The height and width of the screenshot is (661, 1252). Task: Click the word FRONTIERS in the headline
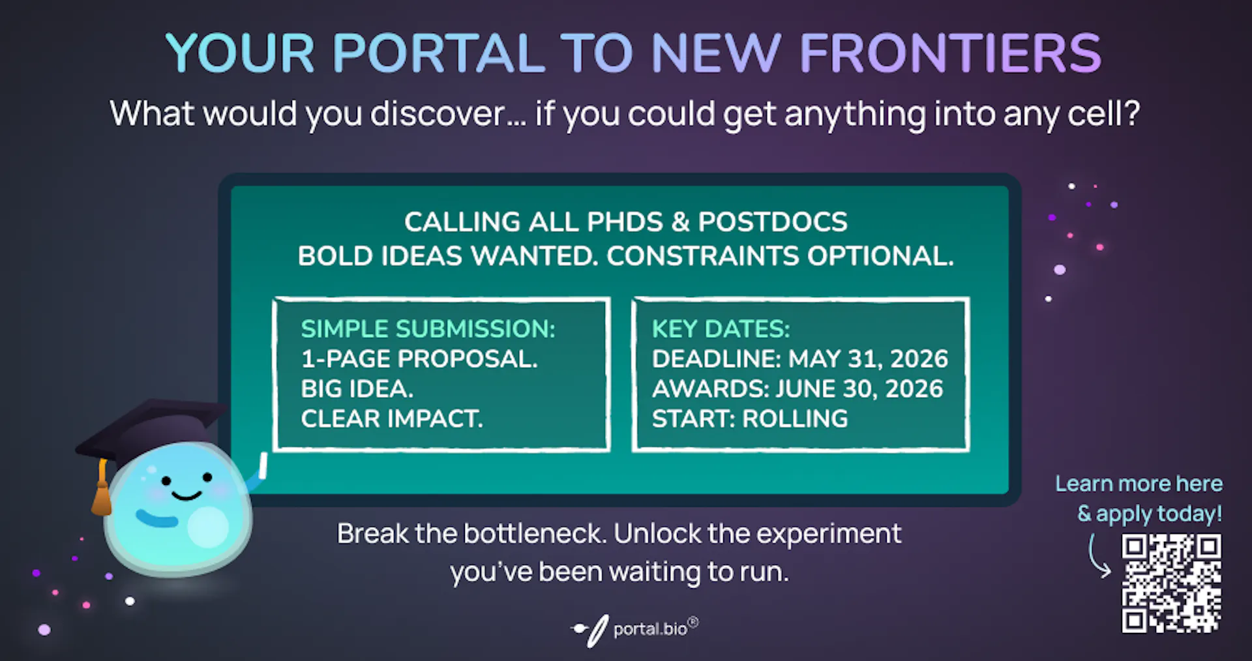pos(951,53)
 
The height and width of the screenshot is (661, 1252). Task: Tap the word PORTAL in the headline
pos(439,53)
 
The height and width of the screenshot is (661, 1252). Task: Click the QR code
pos(1171,583)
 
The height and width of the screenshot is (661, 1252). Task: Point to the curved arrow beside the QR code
pos(1098,556)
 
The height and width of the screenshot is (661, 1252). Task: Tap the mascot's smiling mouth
pos(186,495)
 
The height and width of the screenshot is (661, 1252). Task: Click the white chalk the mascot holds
pos(263,465)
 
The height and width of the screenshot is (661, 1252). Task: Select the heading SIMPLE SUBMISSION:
pos(428,329)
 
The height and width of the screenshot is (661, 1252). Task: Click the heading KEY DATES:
pos(721,329)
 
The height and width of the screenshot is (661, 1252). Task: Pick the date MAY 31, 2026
pos(869,359)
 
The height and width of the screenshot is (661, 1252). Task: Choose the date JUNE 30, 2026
pos(859,389)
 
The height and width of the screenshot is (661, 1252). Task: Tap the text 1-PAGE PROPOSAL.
pos(419,359)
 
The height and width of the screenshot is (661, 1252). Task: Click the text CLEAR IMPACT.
pos(392,419)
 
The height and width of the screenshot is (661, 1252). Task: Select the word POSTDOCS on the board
pos(773,222)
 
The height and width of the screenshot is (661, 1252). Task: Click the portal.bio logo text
pos(650,629)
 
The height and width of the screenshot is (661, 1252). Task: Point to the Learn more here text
pos(1139,484)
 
